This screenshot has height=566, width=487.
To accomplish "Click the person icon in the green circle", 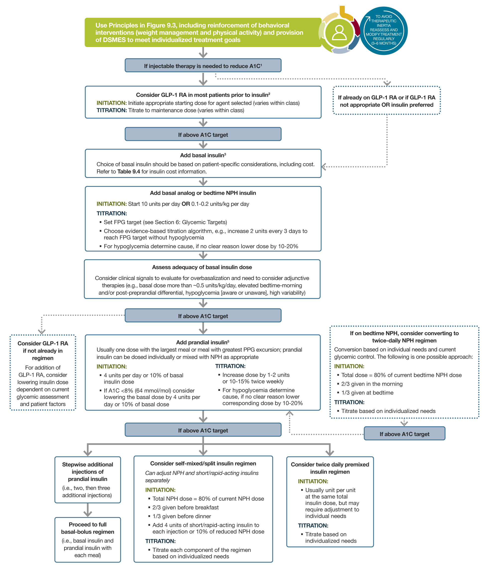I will [339, 33].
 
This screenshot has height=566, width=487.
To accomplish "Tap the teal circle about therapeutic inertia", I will [383, 31].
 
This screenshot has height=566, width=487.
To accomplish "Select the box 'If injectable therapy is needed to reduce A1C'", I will [203, 66].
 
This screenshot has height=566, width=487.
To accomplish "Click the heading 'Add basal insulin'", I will [203, 155].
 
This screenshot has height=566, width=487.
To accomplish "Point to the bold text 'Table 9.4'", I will [129, 171].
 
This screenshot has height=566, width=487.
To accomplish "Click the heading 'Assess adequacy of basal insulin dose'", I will [202, 267].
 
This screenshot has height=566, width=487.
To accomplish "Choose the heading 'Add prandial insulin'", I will [202, 342].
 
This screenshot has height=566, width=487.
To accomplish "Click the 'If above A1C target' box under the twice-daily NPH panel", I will [404, 434].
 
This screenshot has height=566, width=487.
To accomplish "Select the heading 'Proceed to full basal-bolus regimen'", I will [88, 528].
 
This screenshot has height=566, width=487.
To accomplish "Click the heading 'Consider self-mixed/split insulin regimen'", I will [203, 463].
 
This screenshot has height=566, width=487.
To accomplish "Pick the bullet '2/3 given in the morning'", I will [372, 384].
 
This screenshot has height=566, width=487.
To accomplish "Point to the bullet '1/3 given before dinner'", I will [182, 516].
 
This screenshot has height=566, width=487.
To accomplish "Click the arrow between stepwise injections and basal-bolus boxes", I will [88, 510].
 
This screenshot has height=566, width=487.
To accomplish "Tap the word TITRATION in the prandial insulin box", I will [230, 366].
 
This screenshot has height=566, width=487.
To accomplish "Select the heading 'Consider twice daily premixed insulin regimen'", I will [330, 468].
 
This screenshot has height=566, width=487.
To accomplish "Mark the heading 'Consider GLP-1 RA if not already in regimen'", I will [43, 351].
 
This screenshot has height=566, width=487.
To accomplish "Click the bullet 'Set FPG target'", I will [165, 222].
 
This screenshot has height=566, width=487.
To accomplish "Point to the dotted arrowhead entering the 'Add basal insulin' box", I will [324, 167].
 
